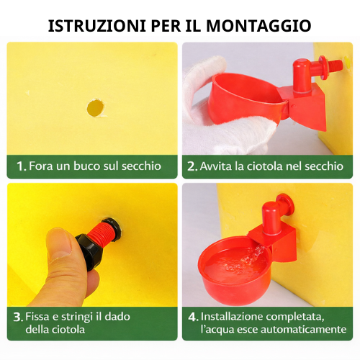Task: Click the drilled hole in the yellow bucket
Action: click(x=95, y=108)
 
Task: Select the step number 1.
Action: click(x=21, y=166)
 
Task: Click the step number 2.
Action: click(x=192, y=166)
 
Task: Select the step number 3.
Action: click(x=17, y=315)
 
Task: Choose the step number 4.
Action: click(x=192, y=315)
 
